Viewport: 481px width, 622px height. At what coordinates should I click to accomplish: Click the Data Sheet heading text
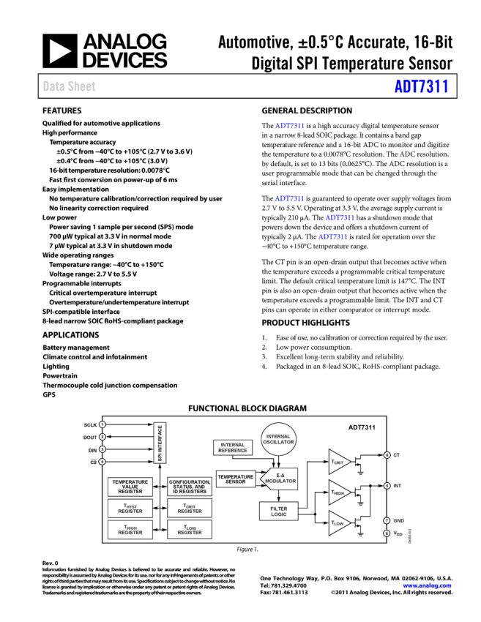(x=69, y=86)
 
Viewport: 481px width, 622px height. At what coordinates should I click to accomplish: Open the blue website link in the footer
(x=427, y=585)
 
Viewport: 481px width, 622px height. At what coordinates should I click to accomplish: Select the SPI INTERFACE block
(x=160, y=443)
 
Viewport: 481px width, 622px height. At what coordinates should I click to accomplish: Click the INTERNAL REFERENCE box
(x=233, y=447)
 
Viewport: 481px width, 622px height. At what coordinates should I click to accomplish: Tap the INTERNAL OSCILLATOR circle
(x=279, y=439)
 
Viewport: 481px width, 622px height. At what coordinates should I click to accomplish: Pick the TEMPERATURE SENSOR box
(x=236, y=479)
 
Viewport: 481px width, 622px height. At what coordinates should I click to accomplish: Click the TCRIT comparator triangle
(x=338, y=462)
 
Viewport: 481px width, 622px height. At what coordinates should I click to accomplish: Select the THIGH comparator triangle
(x=338, y=492)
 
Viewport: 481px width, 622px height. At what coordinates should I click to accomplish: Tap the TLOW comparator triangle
(x=338, y=523)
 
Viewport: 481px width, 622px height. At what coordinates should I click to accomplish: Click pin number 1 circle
(x=102, y=424)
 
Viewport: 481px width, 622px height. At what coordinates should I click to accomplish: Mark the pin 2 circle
(x=102, y=437)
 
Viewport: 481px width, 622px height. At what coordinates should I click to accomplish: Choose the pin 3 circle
(x=102, y=449)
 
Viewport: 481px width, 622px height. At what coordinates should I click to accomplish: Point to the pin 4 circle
(x=102, y=462)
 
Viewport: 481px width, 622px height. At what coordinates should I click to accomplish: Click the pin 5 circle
(x=387, y=486)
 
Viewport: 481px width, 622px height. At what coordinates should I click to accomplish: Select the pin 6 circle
(x=387, y=455)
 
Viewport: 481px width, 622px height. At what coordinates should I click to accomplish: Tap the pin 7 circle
(x=387, y=520)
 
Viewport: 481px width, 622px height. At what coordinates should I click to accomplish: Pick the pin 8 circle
(x=387, y=533)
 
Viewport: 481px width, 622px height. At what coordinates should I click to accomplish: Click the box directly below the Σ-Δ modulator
(x=279, y=511)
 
